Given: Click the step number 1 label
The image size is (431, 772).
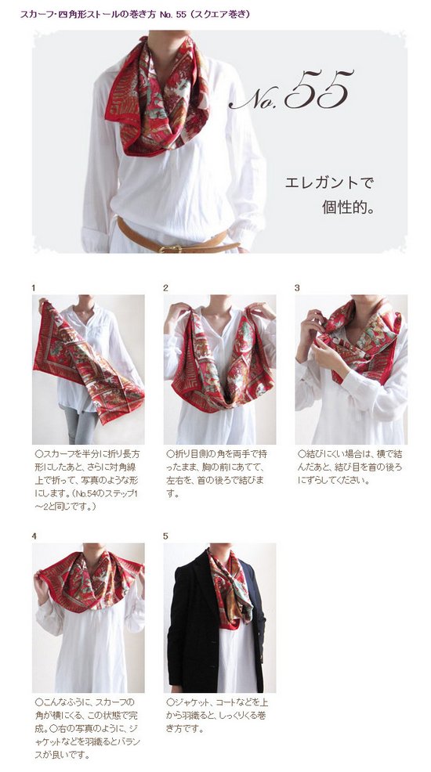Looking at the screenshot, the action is point(34,288).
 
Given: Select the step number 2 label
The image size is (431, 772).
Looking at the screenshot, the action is point(166,288).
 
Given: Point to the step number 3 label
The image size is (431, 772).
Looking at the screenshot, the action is point(297,288).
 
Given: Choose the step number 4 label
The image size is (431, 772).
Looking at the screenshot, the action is point(34,536).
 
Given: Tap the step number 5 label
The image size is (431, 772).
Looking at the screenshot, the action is point(166,536).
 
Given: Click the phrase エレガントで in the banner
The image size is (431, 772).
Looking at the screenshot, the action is point(329,183).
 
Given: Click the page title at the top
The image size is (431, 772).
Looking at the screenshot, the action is point(135,14).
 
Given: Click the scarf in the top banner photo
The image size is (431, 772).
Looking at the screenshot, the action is point(158,93).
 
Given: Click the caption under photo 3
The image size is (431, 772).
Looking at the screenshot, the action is point(350,467).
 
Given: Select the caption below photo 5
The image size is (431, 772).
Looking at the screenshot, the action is point(217,715).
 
